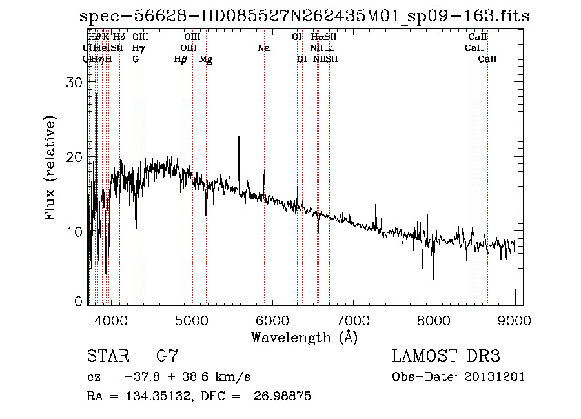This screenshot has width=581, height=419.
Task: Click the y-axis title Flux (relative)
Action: click(x=51, y=169)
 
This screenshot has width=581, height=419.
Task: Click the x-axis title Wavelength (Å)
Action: click(x=304, y=337)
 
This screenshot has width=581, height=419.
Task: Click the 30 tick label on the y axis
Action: click(x=76, y=83)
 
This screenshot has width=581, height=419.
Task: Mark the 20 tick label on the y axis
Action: click(x=76, y=157)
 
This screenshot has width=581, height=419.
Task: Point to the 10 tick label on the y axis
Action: click(x=76, y=231)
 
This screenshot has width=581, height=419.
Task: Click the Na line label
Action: click(x=263, y=48)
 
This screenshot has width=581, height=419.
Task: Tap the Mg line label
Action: click(x=206, y=59)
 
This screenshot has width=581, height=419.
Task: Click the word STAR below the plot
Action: click(x=107, y=356)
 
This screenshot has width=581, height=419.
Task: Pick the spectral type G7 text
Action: click(x=167, y=356)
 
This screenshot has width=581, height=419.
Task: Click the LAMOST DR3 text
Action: click(x=446, y=356)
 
